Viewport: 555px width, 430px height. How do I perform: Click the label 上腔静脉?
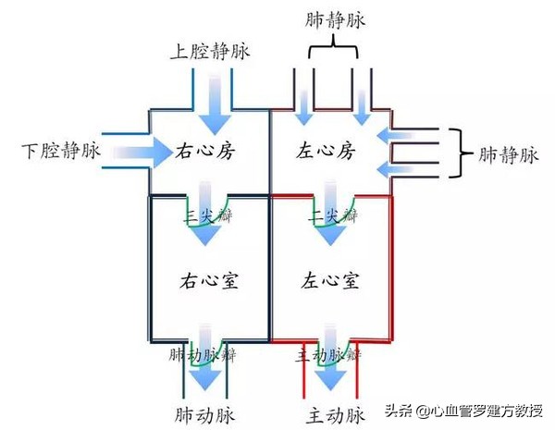pyautogui.click(x=208, y=50)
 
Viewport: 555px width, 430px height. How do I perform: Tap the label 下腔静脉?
pyautogui.click(x=58, y=149)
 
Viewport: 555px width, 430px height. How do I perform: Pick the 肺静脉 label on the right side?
pyautogui.click(x=507, y=154)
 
